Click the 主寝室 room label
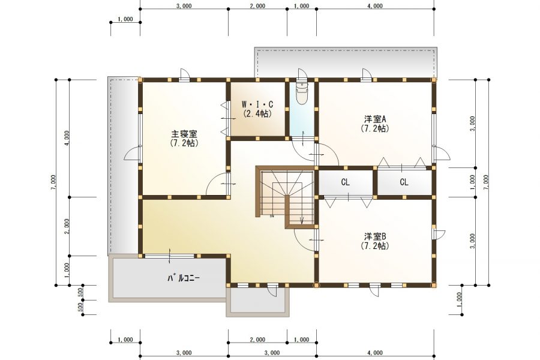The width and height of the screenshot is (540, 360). pyautogui.click(x=184, y=133)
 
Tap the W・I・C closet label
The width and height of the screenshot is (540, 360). pyautogui.click(x=257, y=104)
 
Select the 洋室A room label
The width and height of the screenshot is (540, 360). pyautogui.click(x=375, y=119)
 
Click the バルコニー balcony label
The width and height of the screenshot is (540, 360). pyautogui.click(x=184, y=278)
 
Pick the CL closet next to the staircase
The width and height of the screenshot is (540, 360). pyautogui.click(x=346, y=182)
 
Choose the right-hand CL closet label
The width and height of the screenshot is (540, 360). pyautogui.click(x=404, y=182)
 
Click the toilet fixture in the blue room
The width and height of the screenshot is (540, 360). pyautogui.click(x=302, y=92)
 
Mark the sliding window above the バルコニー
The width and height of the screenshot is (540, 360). pyautogui.click(x=169, y=256)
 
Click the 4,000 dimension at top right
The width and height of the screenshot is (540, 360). pyautogui.click(x=375, y=6)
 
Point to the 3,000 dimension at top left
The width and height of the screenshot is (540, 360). pyautogui.click(x=184, y=6)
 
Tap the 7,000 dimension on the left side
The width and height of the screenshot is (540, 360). pyautogui.click(x=53, y=182)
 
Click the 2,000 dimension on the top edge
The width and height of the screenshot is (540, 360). pyautogui.click(x=257, y=6)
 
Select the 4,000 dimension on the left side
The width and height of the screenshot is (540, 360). pyautogui.click(x=67, y=138)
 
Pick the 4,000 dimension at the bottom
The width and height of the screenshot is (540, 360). pyautogui.click(x=375, y=353)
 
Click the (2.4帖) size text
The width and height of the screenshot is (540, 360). pyautogui.click(x=257, y=113)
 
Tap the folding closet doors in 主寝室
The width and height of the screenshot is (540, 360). pyautogui.click(x=224, y=118)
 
